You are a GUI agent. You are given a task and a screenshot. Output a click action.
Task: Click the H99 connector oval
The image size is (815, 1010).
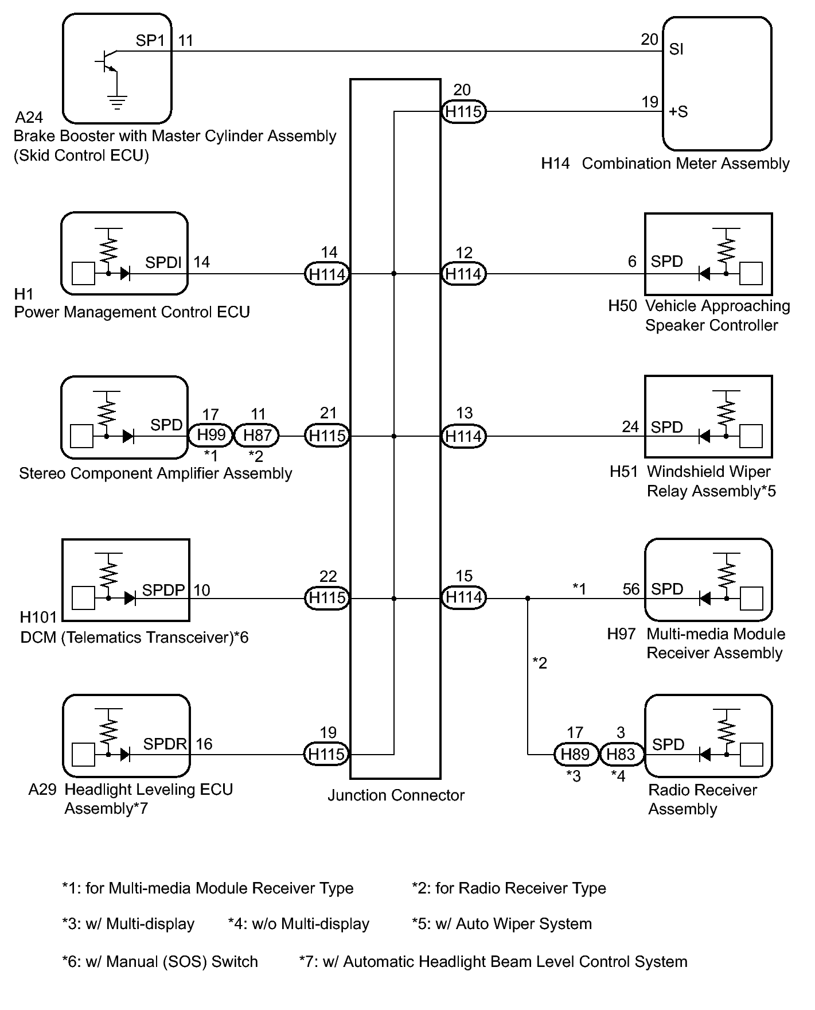tap(211, 436)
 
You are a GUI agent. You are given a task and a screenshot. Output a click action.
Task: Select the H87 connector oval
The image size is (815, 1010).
tap(257, 436)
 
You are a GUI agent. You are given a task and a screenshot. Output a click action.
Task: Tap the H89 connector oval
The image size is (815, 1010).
tap(575, 754)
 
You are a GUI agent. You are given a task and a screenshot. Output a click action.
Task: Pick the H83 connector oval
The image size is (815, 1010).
tap(621, 754)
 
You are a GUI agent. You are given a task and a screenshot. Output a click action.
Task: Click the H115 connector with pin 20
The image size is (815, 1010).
tap(463, 111)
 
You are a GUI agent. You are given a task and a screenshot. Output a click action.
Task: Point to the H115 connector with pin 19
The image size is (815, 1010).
tap(326, 754)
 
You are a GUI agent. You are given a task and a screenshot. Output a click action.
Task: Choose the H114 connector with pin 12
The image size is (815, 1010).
tap(463, 274)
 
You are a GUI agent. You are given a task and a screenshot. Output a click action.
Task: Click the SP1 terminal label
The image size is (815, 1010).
tap(150, 41)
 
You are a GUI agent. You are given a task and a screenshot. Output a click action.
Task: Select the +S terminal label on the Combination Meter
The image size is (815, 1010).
tap(678, 112)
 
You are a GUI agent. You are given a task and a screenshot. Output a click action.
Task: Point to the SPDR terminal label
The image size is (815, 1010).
tap(165, 744)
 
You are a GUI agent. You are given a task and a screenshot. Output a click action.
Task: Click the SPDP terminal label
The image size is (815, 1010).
tap(163, 590)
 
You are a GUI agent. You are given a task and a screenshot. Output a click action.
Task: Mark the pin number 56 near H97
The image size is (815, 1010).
tap(631, 589)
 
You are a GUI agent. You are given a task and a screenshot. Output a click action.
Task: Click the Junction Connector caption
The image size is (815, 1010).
tap(396, 795)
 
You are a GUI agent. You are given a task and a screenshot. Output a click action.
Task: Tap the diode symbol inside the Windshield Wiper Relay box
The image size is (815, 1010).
tap(704, 436)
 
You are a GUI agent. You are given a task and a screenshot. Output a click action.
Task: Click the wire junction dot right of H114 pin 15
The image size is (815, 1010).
tap(528, 599)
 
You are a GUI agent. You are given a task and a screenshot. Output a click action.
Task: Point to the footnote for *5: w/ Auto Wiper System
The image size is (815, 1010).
tap(502, 924)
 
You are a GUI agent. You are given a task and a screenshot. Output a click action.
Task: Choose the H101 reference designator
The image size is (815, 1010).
tap(38, 617)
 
